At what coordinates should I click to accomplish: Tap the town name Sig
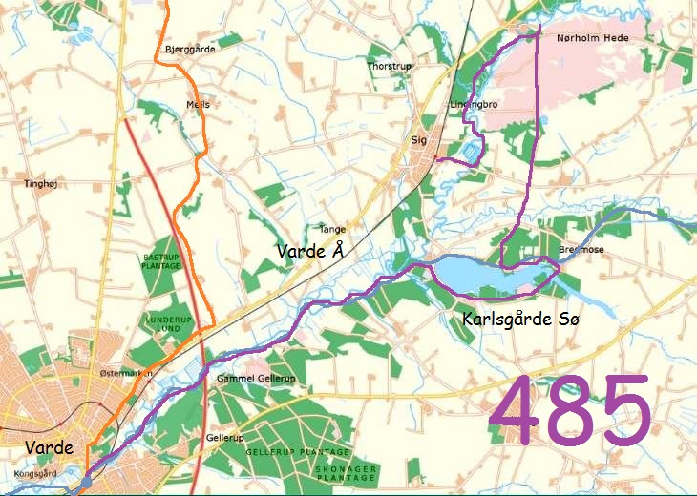417,139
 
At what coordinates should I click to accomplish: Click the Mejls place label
198,105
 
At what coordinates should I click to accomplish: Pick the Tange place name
331,230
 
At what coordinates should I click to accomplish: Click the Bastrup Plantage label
161,261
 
